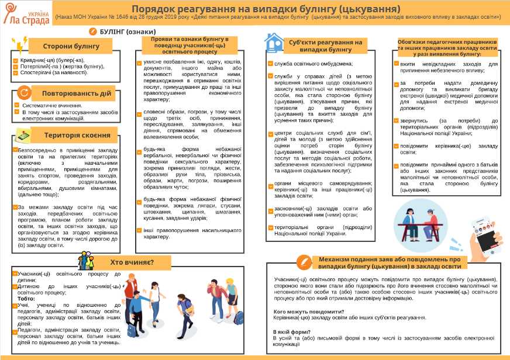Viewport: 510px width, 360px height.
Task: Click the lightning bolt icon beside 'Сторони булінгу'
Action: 21,45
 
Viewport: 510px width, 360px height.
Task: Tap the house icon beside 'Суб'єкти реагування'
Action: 274,42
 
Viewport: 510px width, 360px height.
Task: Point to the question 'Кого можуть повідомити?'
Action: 309,311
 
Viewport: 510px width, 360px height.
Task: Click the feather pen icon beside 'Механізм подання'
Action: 305,260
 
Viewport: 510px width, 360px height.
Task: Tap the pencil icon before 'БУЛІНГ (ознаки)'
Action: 94,30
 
